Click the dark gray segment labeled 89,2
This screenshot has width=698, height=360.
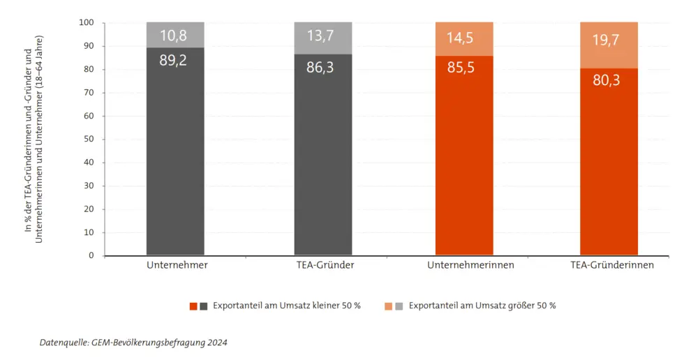coord(175,153)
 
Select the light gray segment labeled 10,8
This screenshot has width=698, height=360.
coord(175,35)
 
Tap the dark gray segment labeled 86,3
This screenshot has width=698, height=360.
coord(322,157)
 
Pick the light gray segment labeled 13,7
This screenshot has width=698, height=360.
coord(322,38)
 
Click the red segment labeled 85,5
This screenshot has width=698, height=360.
coord(464,157)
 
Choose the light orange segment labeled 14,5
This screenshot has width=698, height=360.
coord(464,39)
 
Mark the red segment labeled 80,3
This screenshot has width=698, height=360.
coord(609,164)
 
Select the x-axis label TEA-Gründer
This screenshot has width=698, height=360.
coord(323,266)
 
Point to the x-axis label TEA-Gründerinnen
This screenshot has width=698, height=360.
coord(609,266)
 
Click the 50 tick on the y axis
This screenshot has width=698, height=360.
coord(89,139)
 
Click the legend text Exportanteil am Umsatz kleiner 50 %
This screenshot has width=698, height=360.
coord(286,306)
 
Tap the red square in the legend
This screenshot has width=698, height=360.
coord(193,306)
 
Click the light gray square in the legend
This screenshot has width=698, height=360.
coord(399,306)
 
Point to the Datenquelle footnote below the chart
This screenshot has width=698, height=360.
coord(133,343)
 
